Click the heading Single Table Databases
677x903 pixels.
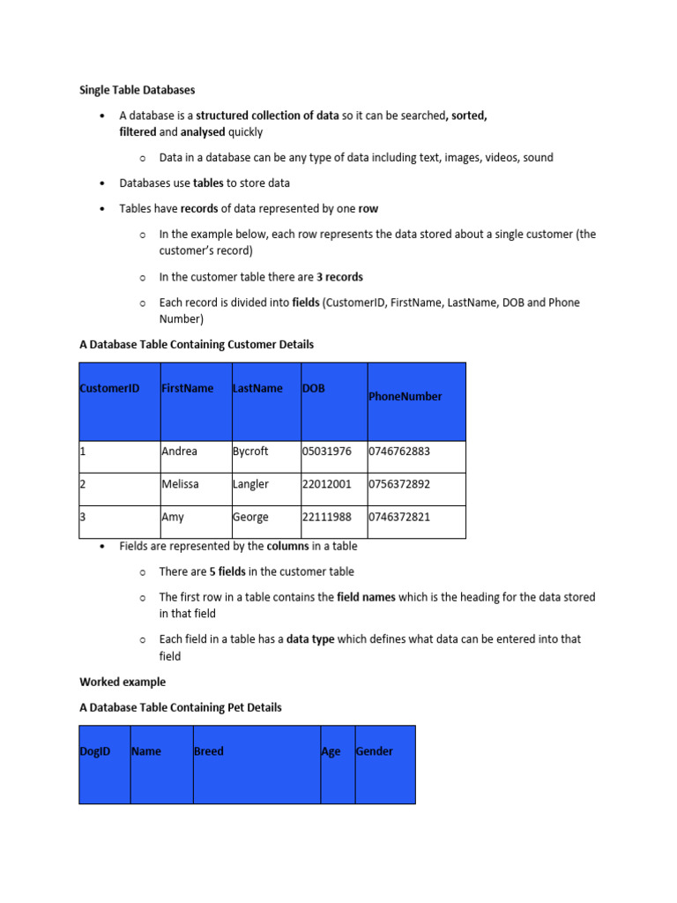click(138, 90)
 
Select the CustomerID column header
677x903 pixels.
click(110, 388)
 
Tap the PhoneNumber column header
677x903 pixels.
click(405, 397)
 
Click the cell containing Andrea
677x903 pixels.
click(180, 451)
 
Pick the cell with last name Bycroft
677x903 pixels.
click(251, 451)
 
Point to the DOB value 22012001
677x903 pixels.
click(326, 484)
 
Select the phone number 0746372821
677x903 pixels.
click(399, 518)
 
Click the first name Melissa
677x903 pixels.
click(180, 484)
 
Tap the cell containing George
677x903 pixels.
click(250, 518)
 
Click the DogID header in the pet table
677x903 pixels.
click(95, 751)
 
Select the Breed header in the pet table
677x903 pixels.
click(209, 751)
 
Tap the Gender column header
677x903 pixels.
click(375, 751)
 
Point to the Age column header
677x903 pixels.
click(331, 752)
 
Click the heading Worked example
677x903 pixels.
click(123, 682)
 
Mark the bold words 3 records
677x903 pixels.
click(339, 277)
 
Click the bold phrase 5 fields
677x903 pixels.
click(227, 571)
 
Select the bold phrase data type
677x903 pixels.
click(310, 639)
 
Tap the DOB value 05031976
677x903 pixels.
click(326, 451)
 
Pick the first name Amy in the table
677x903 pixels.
click(173, 518)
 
